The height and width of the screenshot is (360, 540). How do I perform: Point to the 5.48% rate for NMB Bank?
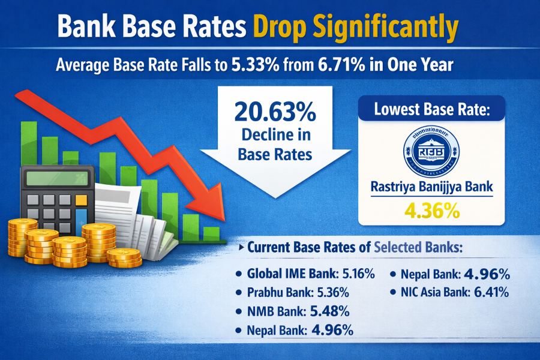click(331, 312)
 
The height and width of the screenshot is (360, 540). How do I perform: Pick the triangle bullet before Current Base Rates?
click(240, 247)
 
